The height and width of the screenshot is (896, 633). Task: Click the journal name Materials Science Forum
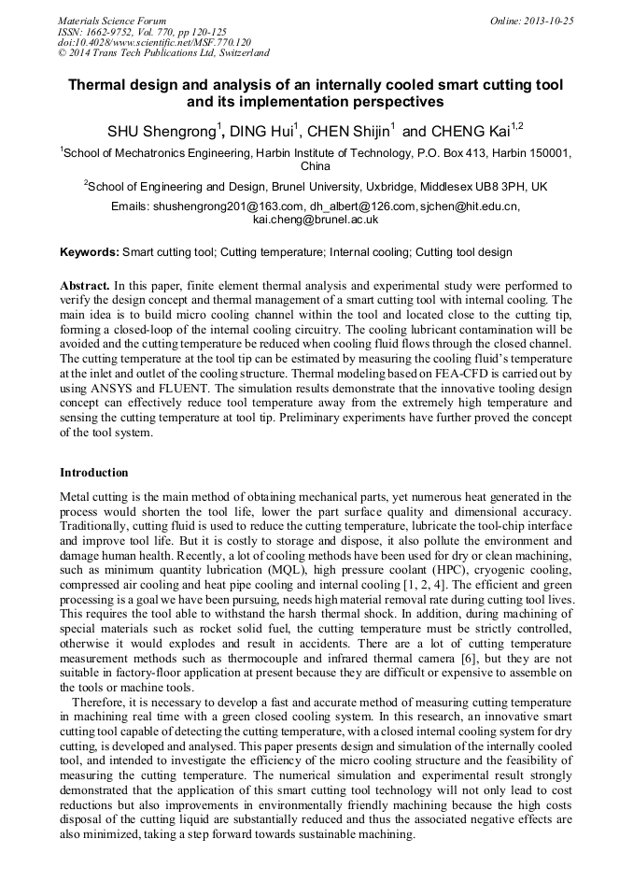pos(112,20)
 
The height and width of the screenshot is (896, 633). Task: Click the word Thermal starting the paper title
pos(100,84)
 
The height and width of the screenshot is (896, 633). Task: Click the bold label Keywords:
pos(90,252)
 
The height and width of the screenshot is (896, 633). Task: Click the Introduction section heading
pos(93,473)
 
